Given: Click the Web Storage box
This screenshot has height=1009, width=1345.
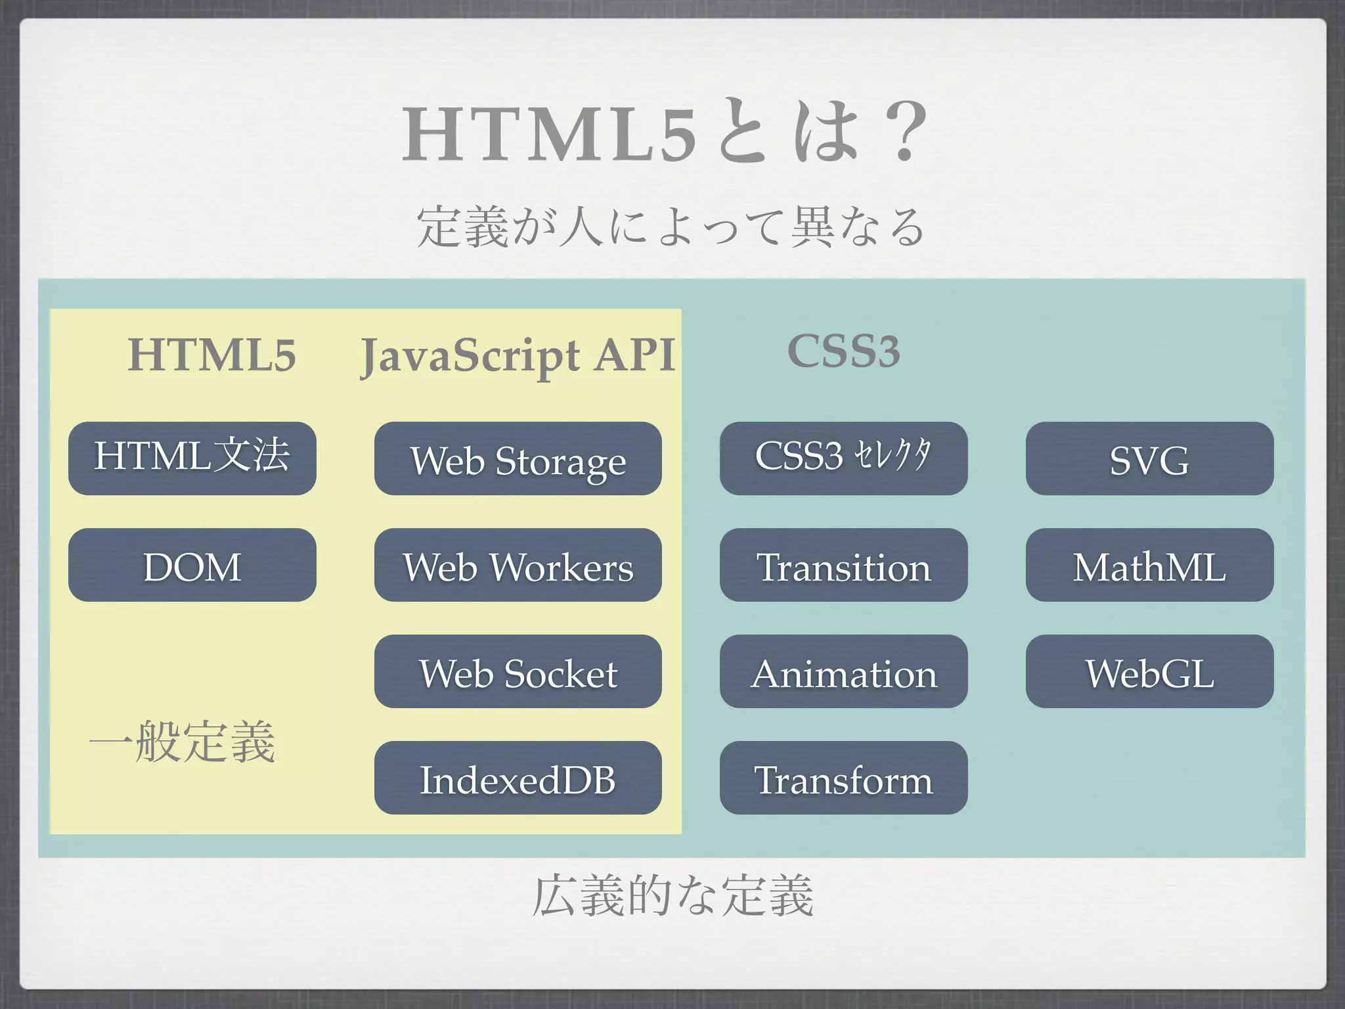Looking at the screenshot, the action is click(518, 459).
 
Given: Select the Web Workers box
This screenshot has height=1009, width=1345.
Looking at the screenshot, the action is click(518, 565).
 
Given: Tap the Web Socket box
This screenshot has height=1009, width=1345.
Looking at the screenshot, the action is click(518, 671).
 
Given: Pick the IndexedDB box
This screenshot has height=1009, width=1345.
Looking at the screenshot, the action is click(518, 778).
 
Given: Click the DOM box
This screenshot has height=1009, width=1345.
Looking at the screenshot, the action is click(192, 565).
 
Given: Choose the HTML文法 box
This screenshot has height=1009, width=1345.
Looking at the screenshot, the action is click(192, 459).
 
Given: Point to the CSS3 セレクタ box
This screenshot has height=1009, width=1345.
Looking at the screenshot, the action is click(843, 459).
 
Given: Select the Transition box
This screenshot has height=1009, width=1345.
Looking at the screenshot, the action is click(843, 565).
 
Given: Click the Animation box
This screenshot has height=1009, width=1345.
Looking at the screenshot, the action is click(843, 671).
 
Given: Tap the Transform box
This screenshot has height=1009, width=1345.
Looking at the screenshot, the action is click(843, 778).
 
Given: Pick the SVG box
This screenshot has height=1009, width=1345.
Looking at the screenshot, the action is click(1149, 459).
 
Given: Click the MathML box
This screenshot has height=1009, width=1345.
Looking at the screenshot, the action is click(1149, 565).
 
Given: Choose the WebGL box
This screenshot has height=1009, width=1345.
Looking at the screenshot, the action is click(1149, 671).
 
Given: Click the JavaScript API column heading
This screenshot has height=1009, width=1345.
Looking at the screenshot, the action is click(518, 355).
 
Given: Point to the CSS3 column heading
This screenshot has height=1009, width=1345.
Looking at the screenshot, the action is click(843, 351).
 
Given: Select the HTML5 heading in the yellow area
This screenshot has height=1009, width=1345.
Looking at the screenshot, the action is click(211, 355).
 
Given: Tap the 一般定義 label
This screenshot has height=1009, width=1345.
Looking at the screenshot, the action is click(183, 742).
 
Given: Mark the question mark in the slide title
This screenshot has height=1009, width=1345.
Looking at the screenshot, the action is click(905, 132).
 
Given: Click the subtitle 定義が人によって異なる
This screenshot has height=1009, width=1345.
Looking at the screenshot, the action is click(671, 227).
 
